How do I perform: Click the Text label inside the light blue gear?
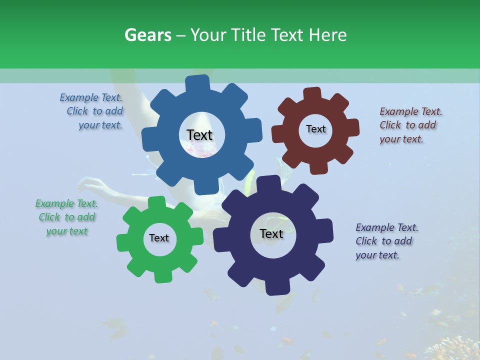coord(199,135)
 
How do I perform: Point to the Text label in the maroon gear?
coord(315,129)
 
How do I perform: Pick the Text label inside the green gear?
coord(159,238)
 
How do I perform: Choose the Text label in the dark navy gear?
coord(271,233)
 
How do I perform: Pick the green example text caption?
coord(67,217)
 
